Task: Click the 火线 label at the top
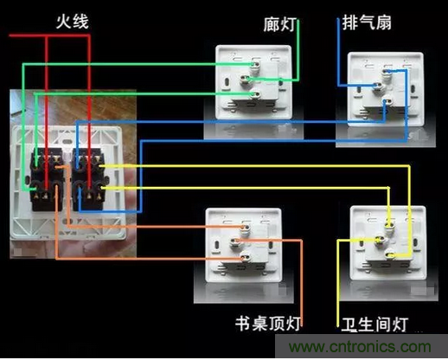tap(72, 22)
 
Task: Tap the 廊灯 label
tap(279, 24)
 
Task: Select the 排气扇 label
tap(367, 22)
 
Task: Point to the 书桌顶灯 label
tap(268, 323)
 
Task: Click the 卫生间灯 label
tap(374, 325)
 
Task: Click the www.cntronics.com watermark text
tap(360, 346)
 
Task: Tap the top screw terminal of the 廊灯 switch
tap(255, 65)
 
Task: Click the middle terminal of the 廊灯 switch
tap(246, 79)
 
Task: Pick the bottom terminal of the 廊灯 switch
tap(255, 94)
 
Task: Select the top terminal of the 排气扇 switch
tap(387, 71)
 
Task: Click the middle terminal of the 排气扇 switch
tap(377, 86)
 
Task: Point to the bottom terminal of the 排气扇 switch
tap(387, 101)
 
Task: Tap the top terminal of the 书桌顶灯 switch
tap(246, 227)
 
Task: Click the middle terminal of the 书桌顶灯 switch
tap(235, 241)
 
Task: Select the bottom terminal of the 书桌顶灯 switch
tap(245, 256)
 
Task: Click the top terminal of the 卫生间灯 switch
tap(389, 223)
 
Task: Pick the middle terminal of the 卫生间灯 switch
tap(380, 239)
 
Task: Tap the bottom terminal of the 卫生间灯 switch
tap(390, 254)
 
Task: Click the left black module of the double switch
tap(47, 179)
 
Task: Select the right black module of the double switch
tap(88, 179)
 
